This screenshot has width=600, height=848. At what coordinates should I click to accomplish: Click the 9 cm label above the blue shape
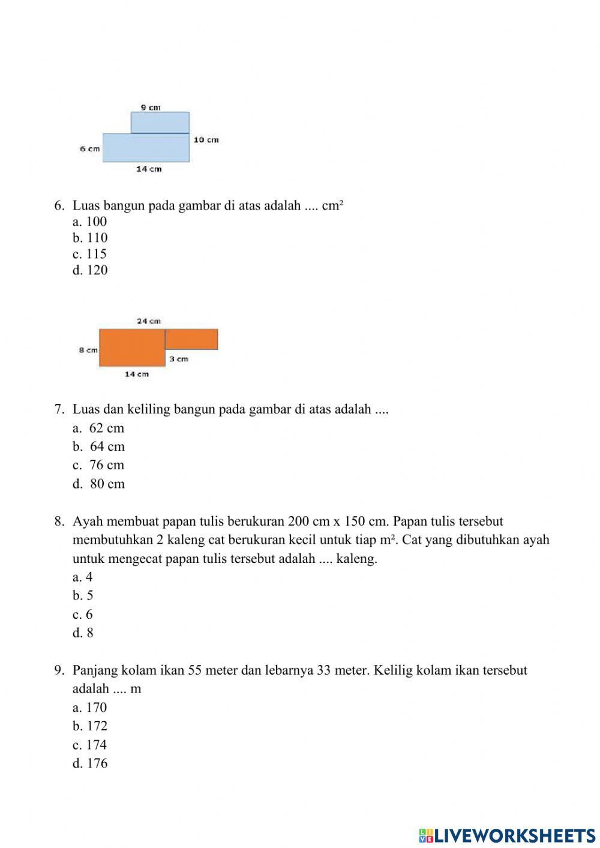[151, 107]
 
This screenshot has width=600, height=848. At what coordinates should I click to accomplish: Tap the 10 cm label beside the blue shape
[206, 140]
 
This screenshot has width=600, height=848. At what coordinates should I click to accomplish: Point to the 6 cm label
[90, 149]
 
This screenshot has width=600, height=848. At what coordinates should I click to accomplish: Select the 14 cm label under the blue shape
[149, 169]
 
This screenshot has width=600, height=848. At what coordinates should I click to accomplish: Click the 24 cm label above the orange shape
[149, 321]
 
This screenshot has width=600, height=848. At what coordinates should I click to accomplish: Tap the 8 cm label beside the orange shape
[88, 350]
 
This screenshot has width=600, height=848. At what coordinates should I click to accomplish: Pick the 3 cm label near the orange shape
[178, 359]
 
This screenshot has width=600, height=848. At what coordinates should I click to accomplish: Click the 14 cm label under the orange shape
[137, 374]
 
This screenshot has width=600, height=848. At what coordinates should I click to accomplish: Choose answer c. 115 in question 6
[89, 254]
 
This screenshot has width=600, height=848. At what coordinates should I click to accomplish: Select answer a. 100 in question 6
[89, 221]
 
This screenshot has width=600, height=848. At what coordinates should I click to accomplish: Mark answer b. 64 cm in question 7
[99, 447]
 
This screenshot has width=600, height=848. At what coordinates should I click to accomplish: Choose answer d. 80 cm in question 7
[99, 484]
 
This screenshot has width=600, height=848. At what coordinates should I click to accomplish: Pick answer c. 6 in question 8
[83, 615]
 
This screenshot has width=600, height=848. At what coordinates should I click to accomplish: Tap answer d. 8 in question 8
[83, 633]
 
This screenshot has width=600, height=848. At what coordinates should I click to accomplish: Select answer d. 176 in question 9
[90, 763]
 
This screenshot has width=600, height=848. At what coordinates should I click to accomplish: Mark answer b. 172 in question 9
[90, 726]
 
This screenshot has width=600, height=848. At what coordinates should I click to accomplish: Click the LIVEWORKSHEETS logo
[507, 835]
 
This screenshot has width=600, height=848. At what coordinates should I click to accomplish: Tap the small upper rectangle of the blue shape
[160, 122]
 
